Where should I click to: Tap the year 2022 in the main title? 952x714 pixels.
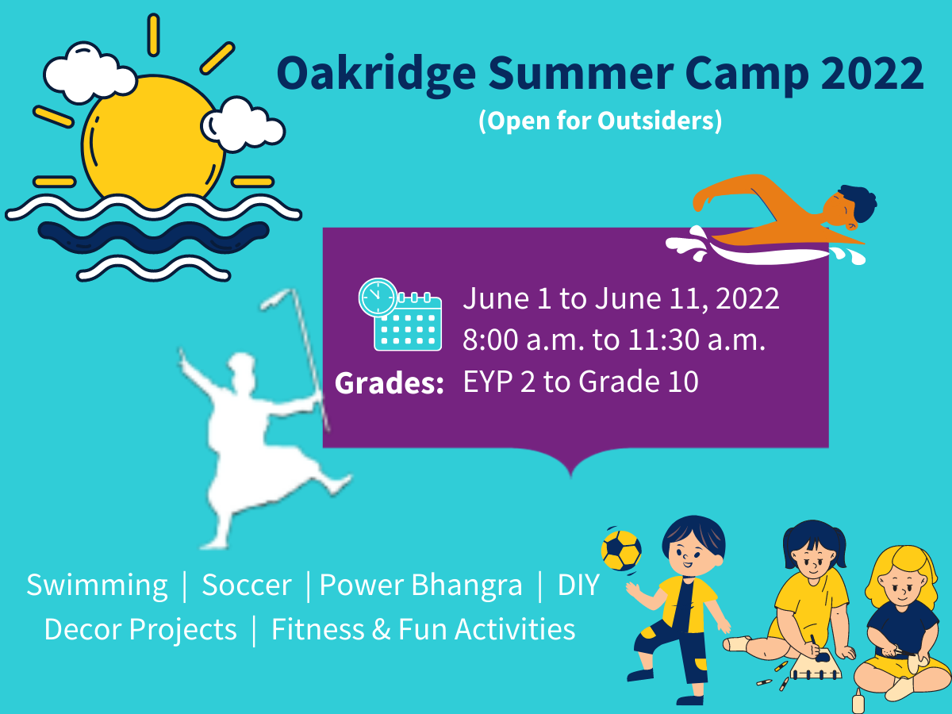tap(872, 73)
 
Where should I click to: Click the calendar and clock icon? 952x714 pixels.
tap(400, 314)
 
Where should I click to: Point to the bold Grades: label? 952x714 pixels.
tap(389, 383)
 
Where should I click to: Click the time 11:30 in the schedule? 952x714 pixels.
tap(663, 340)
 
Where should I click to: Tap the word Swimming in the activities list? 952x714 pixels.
tap(97, 585)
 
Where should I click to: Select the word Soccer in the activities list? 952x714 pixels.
tap(247, 585)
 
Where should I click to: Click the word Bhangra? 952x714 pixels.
tap(466, 586)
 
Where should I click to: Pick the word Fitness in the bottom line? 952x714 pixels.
tap(317, 629)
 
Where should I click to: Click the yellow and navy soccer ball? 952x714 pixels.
tap(621, 550)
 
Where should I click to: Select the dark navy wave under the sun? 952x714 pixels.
tap(154, 236)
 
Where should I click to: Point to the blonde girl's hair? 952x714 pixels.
tap(902, 568)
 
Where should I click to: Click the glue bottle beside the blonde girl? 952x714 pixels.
tap(858, 701)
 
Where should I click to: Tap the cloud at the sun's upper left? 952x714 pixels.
tap(90, 73)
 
